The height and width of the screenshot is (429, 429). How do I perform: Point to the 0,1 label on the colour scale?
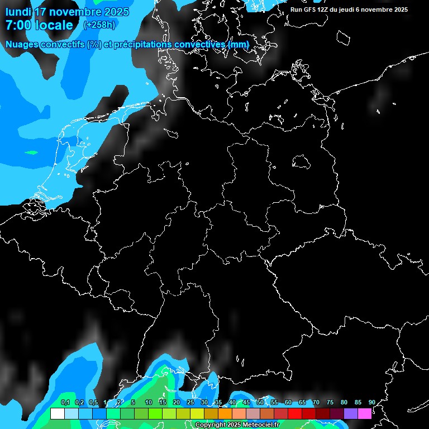click(x=65, y=403)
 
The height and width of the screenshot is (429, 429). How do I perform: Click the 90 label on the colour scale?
click(x=371, y=403)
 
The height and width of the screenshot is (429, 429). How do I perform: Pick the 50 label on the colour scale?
click(x=260, y=403)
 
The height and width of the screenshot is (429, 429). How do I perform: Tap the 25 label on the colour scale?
click(x=190, y=403)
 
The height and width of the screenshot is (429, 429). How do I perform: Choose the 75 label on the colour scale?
click(x=330, y=403)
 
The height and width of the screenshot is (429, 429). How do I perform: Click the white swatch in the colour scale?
click(x=57, y=413)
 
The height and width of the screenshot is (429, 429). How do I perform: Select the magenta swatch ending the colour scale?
click(x=364, y=413)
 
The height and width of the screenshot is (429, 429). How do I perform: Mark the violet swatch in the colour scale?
click(x=350, y=413)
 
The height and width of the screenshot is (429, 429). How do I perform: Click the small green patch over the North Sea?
click(x=31, y=152)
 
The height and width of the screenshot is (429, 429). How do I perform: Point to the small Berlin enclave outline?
click(x=301, y=162)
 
